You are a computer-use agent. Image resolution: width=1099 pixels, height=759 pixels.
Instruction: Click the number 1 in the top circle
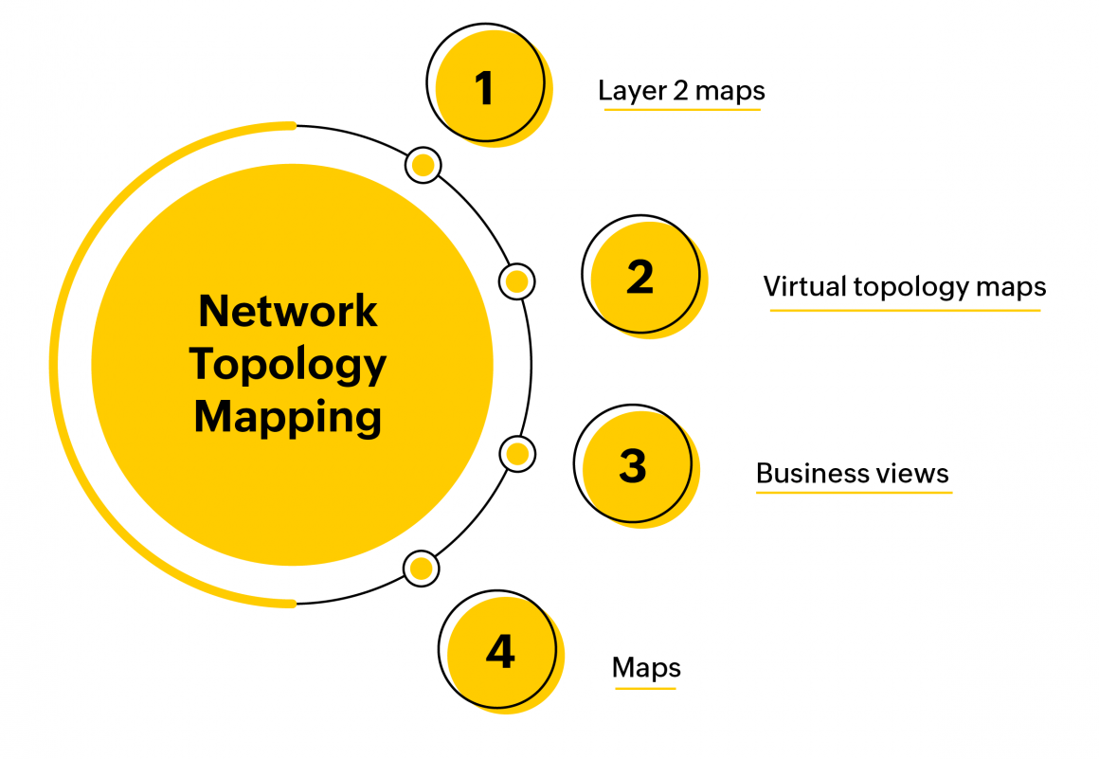(485, 88)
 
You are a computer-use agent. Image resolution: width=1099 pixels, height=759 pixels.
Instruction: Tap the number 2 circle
(640, 277)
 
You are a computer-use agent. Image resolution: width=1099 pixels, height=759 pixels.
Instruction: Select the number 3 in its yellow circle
(633, 465)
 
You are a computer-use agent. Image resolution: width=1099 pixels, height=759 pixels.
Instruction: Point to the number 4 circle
(499, 651)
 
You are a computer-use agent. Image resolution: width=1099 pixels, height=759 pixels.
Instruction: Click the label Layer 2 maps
(681, 91)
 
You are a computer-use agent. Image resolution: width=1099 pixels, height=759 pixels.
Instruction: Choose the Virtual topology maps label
(905, 286)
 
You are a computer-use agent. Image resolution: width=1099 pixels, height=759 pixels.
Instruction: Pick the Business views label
(853, 473)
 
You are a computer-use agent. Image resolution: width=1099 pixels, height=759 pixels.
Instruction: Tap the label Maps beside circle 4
(646, 667)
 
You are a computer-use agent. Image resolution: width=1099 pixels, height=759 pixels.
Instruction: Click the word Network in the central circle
(288, 311)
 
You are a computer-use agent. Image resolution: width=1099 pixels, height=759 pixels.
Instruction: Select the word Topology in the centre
(288, 364)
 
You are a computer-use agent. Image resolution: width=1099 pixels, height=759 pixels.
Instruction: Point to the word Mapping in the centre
(288, 417)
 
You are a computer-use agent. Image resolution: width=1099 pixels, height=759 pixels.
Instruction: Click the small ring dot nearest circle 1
(423, 166)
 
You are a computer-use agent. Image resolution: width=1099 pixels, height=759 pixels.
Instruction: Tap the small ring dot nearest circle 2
(516, 281)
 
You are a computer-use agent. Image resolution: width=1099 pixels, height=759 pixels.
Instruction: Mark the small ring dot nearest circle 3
(516, 454)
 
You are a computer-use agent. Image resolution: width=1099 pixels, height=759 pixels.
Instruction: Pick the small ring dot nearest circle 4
(422, 569)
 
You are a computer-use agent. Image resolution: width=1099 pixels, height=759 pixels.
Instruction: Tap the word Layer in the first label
(629, 91)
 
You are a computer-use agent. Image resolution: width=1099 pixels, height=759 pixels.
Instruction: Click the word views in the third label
(918, 473)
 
